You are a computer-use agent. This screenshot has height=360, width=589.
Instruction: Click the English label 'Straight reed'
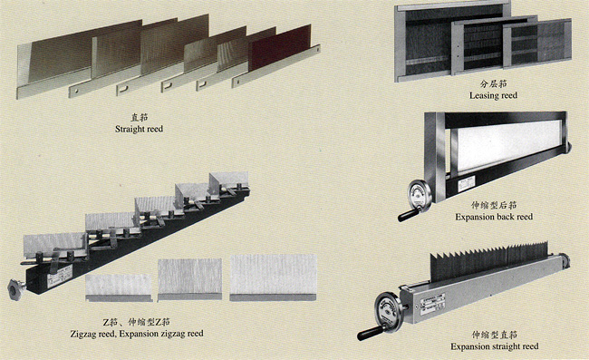click(139, 129)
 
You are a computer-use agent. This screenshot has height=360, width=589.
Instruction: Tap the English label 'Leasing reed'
click(493, 95)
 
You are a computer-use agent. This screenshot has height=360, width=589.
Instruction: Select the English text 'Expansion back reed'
click(494, 217)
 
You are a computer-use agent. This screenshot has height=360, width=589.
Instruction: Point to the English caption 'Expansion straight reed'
click(495, 346)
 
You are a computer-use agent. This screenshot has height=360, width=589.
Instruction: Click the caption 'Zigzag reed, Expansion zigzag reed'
click(137, 334)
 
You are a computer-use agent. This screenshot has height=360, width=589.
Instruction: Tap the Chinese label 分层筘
click(493, 83)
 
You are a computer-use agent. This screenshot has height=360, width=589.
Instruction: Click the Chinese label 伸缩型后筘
click(494, 205)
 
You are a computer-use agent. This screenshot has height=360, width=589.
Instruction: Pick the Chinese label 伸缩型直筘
click(495, 335)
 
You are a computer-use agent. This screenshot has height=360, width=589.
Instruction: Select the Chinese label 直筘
click(139, 117)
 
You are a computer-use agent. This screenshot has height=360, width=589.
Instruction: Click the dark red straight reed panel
click(279, 48)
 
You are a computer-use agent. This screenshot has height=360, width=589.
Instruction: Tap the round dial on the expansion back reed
click(420, 194)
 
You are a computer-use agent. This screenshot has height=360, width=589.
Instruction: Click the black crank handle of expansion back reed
click(409, 215)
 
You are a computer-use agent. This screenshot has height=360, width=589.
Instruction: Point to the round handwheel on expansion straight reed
click(388, 310)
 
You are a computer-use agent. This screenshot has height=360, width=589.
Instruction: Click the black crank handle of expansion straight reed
click(369, 333)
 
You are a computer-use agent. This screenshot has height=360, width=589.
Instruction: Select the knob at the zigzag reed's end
click(15, 288)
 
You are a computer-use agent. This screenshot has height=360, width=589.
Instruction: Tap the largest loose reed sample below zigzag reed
click(273, 277)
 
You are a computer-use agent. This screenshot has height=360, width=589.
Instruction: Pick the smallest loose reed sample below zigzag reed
click(119, 287)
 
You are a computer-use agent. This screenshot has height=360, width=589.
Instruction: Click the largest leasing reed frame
click(450, 42)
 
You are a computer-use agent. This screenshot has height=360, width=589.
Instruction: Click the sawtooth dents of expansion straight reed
click(488, 261)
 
